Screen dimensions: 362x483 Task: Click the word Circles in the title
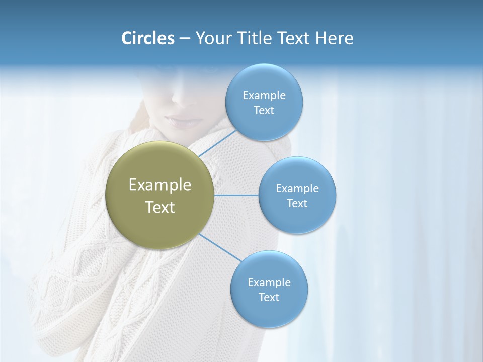tap(147, 38)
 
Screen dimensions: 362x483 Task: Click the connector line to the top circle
tap(217, 143)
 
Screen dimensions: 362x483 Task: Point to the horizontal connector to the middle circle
tap(236, 195)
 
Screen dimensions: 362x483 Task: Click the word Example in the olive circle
tap(160, 185)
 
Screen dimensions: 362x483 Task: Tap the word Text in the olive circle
tap(160, 207)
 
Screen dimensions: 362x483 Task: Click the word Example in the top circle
tap(264, 95)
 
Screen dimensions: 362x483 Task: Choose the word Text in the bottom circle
tap(269, 297)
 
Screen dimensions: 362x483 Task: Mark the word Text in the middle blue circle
tap(297, 203)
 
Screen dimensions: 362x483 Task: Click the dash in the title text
tap(185, 39)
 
